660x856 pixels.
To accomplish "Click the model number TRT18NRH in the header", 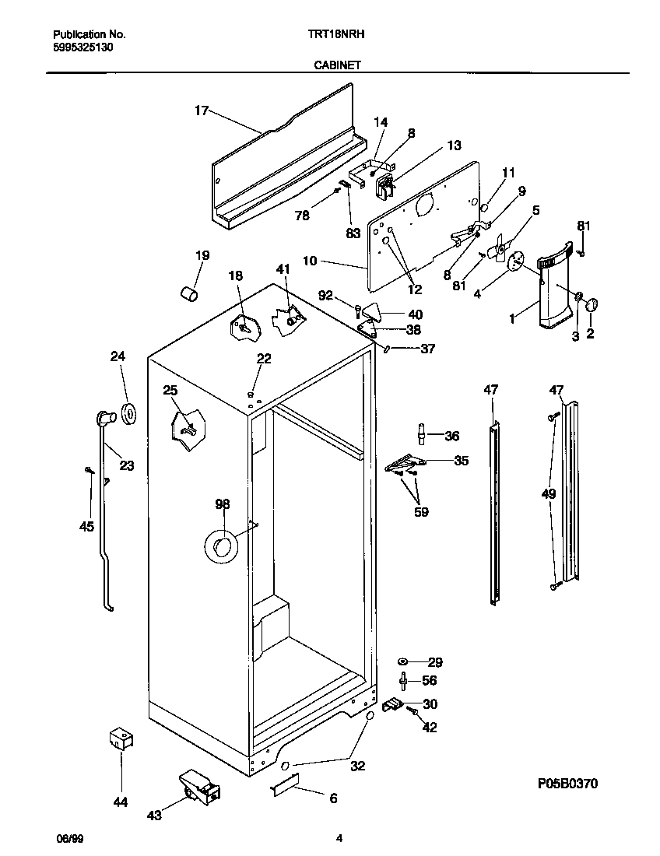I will click(337, 35).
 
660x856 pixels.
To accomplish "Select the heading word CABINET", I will click(337, 66).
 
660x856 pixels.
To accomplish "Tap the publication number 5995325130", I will click(85, 46).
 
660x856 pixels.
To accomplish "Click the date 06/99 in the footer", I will click(70, 838).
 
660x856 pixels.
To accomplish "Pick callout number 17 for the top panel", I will click(201, 111).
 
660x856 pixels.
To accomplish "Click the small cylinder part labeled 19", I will click(188, 292).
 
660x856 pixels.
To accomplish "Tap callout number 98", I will click(222, 505).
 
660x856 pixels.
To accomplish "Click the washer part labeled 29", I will click(404, 661).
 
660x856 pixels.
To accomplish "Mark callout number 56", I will click(429, 680).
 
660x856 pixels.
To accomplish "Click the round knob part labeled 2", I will click(591, 304).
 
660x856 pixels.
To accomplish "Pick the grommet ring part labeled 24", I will click(128, 415).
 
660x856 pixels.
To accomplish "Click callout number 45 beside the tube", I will click(86, 527).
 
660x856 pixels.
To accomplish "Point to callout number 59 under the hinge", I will click(421, 512).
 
